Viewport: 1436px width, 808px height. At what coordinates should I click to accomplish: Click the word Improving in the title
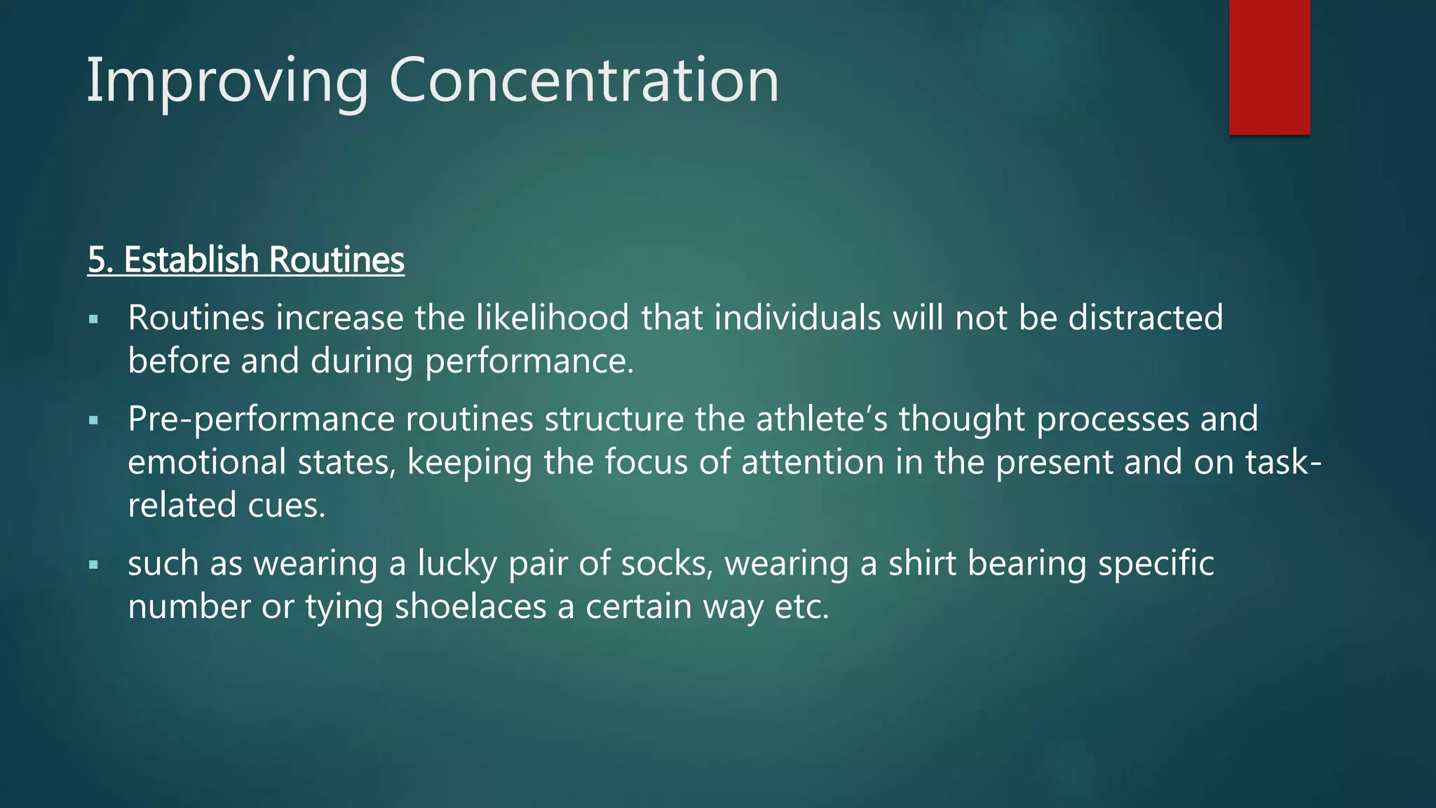click(x=226, y=81)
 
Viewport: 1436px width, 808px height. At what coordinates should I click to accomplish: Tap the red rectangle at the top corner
click(x=1269, y=67)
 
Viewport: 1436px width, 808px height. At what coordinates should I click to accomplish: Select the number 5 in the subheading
click(x=97, y=260)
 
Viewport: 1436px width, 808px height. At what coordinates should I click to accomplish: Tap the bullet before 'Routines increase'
click(x=94, y=321)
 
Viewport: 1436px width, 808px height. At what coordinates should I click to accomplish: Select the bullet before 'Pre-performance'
click(x=94, y=422)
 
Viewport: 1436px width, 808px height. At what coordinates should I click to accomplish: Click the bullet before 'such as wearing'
click(x=94, y=565)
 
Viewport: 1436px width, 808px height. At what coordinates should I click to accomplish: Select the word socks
click(x=667, y=563)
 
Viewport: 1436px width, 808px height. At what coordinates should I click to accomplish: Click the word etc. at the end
click(x=801, y=607)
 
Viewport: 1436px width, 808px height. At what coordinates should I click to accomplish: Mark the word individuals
click(x=797, y=318)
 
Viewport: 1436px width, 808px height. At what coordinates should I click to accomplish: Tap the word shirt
click(x=922, y=563)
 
